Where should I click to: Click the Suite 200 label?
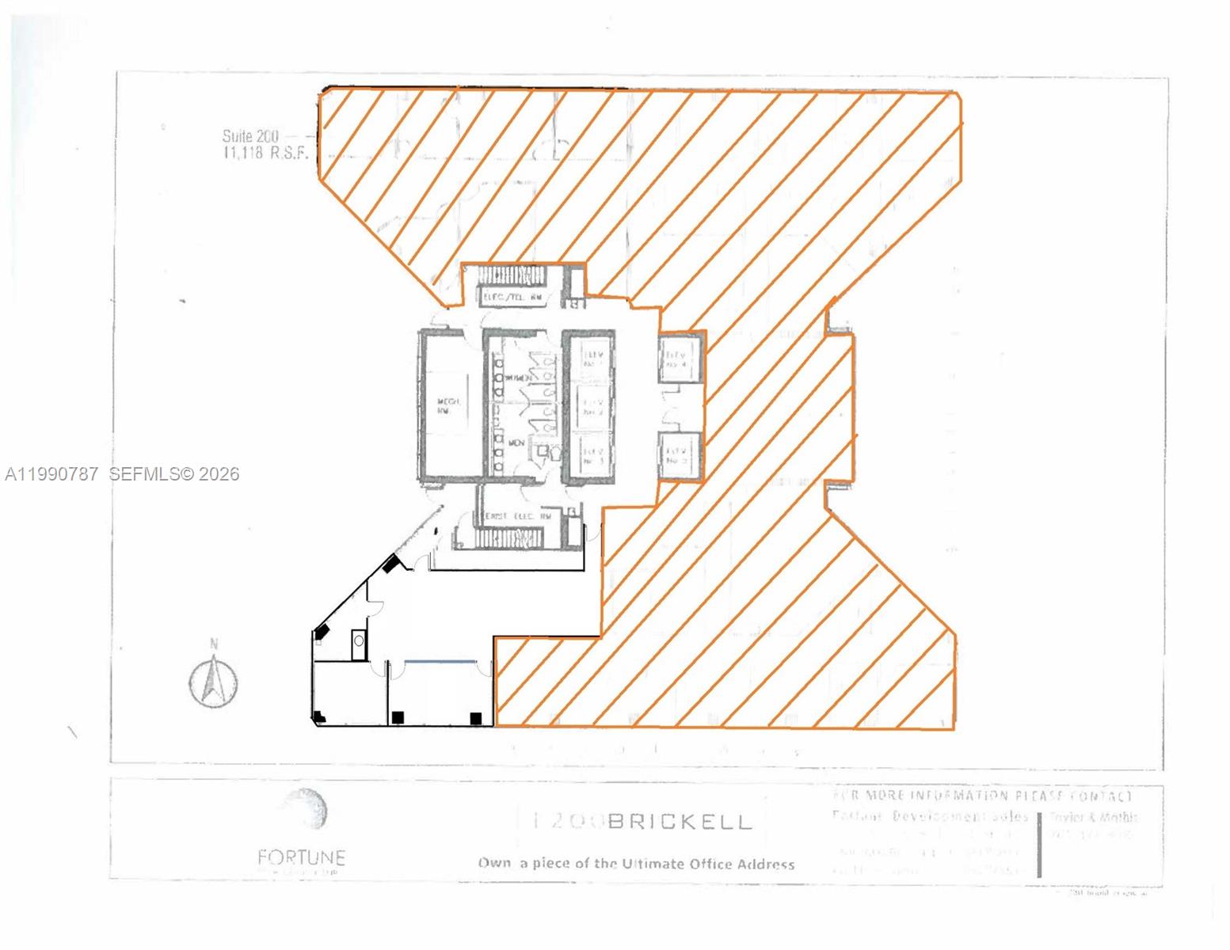pos(249,136)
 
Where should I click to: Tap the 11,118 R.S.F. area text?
pos(265,154)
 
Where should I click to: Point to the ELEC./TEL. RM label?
pos(513,298)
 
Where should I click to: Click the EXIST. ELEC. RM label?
pos(518,516)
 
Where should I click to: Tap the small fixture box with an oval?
pos(359,641)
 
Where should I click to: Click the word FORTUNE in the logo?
pos(301,857)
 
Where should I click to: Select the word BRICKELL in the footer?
pos(680,821)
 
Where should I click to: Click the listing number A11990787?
pos(52,474)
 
